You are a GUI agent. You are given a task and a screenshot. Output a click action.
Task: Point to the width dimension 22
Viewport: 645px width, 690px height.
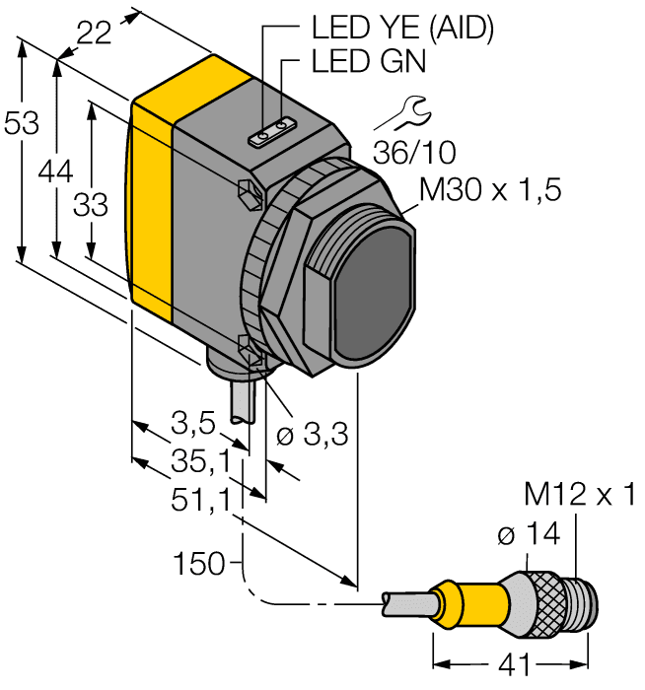pyautogui.click(x=94, y=34)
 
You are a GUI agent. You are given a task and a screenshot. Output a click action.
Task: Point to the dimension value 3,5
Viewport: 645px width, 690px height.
pyautogui.click(x=192, y=426)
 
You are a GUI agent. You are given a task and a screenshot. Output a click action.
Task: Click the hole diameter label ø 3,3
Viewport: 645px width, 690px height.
pyautogui.click(x=315, y=436)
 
